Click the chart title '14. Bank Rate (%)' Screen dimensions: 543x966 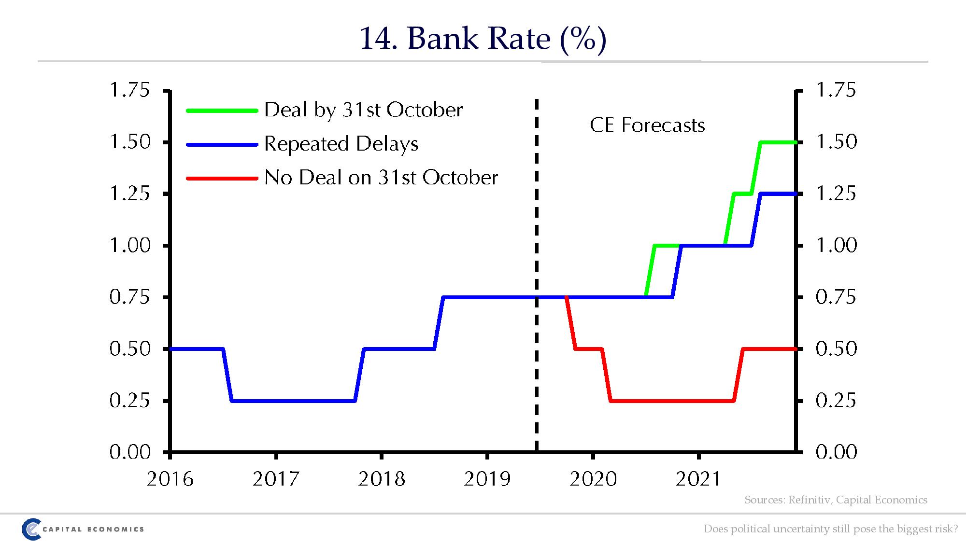(x=483, y=38)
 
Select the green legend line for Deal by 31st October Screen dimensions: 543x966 (x=222, y=111)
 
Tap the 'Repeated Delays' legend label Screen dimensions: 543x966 (x=341, y=144)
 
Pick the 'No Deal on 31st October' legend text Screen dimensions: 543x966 (x=381, y=178)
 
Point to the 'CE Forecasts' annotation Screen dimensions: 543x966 (x=647, y=125)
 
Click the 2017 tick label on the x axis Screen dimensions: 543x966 (x=276, y=479)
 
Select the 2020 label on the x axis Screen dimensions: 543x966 (x=593, y=479)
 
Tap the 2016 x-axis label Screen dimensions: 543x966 (x=170, y=479)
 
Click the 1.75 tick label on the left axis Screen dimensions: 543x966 (x=130, y=90)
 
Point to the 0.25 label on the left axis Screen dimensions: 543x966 (x=130, y=401)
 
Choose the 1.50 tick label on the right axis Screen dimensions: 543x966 (x=836, y=142)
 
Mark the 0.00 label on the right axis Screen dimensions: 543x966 (x=836, y=452)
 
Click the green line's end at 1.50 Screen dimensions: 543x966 (x=795, y=142)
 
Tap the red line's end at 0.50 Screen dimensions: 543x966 (x=795, y=348)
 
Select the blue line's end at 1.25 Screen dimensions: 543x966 (x=795, y=194)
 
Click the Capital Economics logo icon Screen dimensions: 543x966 (x=30, y=529)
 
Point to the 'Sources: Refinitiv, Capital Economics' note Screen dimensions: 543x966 (x=836, y=500)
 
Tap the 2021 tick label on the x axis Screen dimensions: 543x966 (x=698, y=479)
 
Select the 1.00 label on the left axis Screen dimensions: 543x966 (x=130, y=245)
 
